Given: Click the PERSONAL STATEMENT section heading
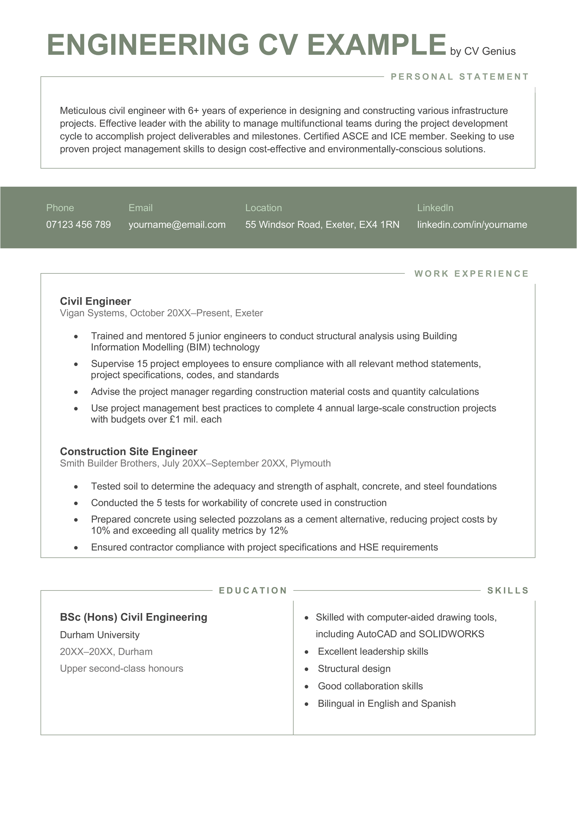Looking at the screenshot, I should click(459, 77).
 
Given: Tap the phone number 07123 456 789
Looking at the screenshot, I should click(78, 225).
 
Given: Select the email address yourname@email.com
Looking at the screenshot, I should click(177, 225).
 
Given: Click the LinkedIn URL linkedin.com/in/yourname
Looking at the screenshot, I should click(472, 225).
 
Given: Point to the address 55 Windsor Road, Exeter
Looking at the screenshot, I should click(322, 225).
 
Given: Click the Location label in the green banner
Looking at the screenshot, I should click(263, 208).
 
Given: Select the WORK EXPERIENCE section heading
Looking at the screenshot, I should click(471, 274).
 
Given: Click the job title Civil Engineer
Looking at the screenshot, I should click(95, 301).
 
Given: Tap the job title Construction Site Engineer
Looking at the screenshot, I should click(128, 451).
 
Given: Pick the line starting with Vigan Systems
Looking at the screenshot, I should click(161, 313).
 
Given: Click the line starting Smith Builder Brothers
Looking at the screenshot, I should click(195, 463).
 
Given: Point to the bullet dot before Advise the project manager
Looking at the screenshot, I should click(76, 392).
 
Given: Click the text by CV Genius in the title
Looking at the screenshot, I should click(483, 52).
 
